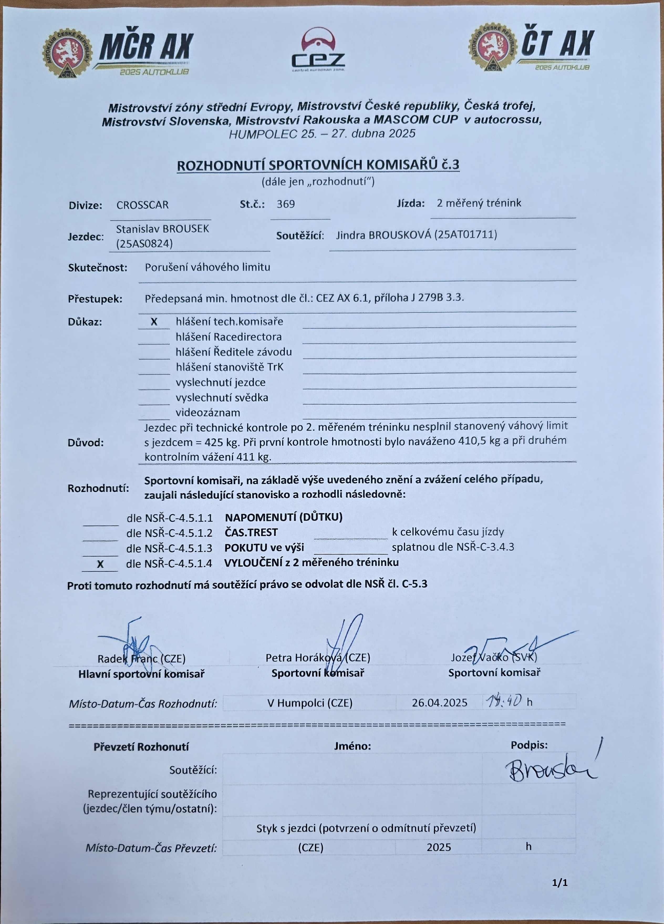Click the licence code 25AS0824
(144, 244)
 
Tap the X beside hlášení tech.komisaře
(154, 322)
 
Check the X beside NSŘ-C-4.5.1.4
(100, 564)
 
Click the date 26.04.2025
(439, 703)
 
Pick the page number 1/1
(560, 882)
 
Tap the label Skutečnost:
(98, 268)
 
